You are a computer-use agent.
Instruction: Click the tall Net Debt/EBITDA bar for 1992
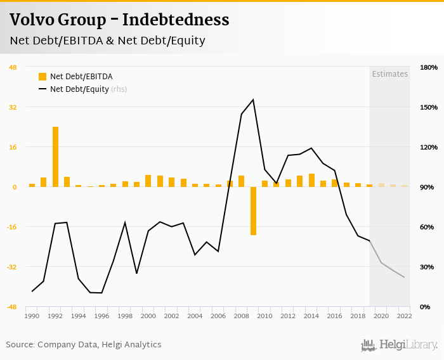pyautogui.click(x=55, y=157)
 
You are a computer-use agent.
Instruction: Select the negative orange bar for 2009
pyautogui.click(x=253, y=210)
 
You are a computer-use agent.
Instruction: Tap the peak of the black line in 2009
pyautogui.click(x=253, y=100)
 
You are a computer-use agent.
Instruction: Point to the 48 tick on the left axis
pyautogui.click(x=13, y=67)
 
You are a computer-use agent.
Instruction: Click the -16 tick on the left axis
pyautogui.click(x=11, y=227)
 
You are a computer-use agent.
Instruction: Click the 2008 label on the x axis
pyautogui.click(x=241, y=316)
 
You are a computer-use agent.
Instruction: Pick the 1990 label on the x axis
pyautogui.click(x=32, y=316)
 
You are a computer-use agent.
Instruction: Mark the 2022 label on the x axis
pyautogui.click(x=404, y=316)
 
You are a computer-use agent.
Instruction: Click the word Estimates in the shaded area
pyautogui.click(x=389, y=74)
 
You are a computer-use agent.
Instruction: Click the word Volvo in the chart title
pyautogui.click(x=31, y=20)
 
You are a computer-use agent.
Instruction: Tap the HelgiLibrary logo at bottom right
pyautogui.click(x=400, y=345)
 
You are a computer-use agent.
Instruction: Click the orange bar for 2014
pyautogui.click(x=311, y=180)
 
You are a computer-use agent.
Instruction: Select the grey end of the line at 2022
pyautogui.click(x=404, y=277)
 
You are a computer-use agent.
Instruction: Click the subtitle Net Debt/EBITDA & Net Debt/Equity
pyautogui.click(x=107, y=41)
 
